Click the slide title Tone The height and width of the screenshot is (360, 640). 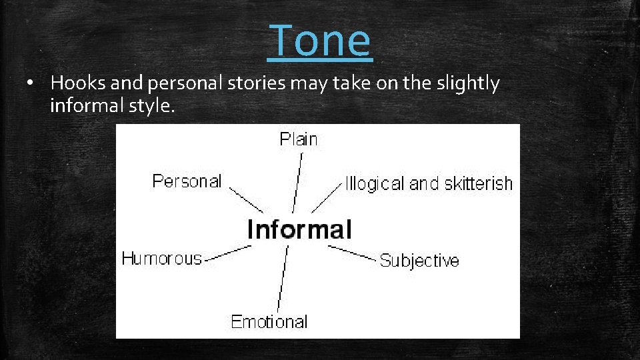pyautogui.click(x=321, y=39)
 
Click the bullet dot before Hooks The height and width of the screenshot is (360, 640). pyautogui.click(x=31, y=84)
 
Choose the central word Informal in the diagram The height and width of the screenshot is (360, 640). pyautogui.click(x=299, y=229)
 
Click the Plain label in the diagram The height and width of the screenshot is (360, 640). pyautogui.click(x=299, y=139)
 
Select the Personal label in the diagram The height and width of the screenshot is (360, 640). pyautogui.click(x=187, y=181)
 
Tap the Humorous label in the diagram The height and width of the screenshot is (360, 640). pyautogui.click(x=161, y=259)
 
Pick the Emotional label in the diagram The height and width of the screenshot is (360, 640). pyautogui.click(x=269, y=322)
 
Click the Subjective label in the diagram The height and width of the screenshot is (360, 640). pyautogui.click(x=419, y=261)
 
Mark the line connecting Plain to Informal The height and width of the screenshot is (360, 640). pyautogui.click(x=297, y=183)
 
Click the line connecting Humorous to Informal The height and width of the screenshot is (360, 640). pyautogui.click(x=227, y=253)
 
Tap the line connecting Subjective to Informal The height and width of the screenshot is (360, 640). pyautogui.click(x=352, y=253)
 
